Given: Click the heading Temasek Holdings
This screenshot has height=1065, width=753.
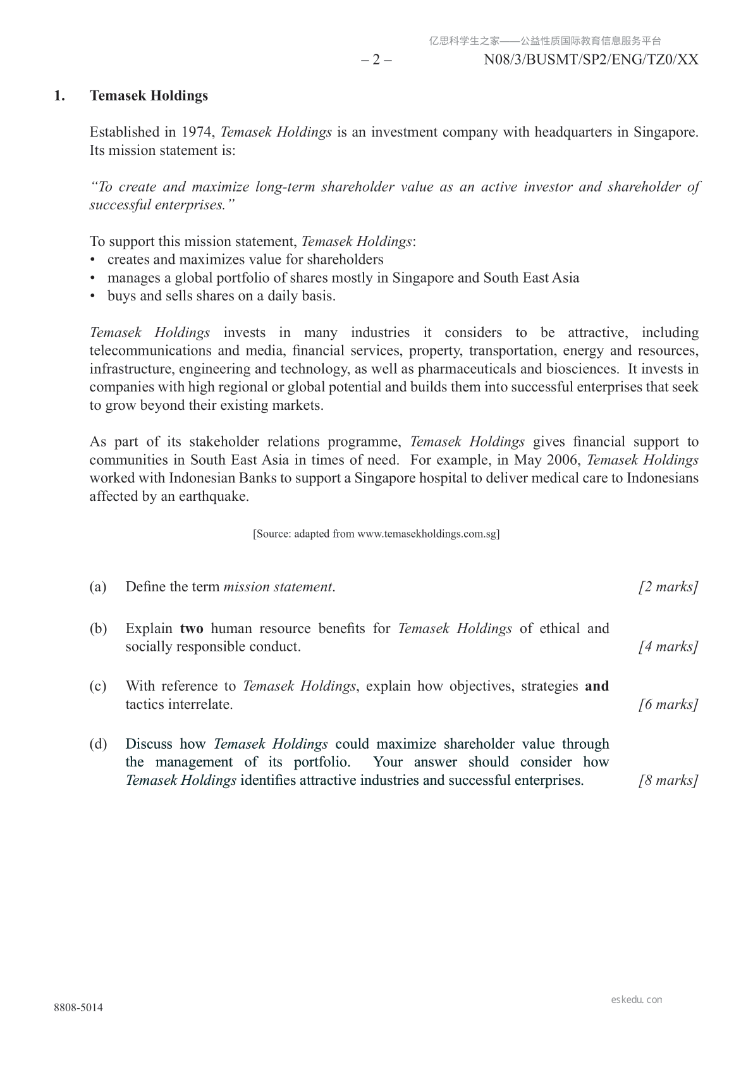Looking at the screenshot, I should [149, 96].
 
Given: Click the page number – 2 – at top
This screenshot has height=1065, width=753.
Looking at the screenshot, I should [376, 60].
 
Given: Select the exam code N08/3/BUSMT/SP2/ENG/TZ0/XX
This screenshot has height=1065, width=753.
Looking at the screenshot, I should [591, 60].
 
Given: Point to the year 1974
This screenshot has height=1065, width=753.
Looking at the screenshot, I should [197, 132].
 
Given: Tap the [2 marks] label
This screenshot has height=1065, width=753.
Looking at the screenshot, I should [668, 587].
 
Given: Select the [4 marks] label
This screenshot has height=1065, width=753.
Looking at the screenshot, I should [668, 647].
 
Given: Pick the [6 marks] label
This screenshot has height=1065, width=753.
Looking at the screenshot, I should [668, 705].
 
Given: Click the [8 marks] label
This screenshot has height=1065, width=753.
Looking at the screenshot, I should [668, 780].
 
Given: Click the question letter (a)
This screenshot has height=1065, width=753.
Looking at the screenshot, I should [98, 587].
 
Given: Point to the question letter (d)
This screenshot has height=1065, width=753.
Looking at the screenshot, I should [98, 744].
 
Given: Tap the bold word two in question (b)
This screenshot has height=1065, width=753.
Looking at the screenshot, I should [192, 629].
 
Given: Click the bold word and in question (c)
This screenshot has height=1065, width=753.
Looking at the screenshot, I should [597, 686].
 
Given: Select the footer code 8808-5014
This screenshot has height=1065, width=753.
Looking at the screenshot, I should [78, 1008].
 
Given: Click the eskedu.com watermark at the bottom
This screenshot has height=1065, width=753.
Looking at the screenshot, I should [637, 1000].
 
